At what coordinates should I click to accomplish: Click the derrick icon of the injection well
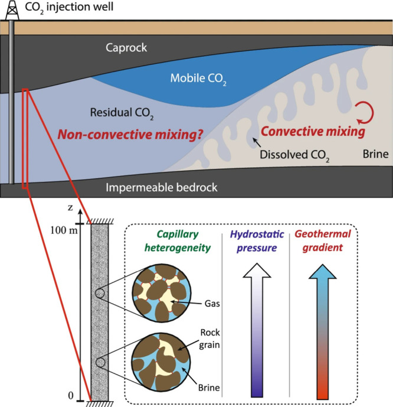12,10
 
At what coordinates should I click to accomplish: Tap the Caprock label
126,48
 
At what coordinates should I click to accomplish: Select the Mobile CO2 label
198,79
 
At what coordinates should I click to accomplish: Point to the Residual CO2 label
122,113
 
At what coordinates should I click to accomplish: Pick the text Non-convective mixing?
130,135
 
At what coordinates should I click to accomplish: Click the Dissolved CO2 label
294,155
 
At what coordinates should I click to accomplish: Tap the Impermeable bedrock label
161,187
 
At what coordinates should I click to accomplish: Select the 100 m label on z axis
64,230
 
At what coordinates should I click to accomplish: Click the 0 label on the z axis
71,396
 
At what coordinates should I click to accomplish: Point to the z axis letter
70,208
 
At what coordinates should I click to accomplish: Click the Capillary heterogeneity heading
178,241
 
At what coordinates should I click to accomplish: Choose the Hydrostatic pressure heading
257,241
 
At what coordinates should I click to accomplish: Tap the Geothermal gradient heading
323,241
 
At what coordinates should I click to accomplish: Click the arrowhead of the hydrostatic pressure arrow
257,271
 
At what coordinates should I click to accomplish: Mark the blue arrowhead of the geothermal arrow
323,272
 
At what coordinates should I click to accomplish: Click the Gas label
212,304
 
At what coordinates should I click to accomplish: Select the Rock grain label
209,338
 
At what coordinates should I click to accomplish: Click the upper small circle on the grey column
100,294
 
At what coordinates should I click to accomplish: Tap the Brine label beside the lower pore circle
209,388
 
